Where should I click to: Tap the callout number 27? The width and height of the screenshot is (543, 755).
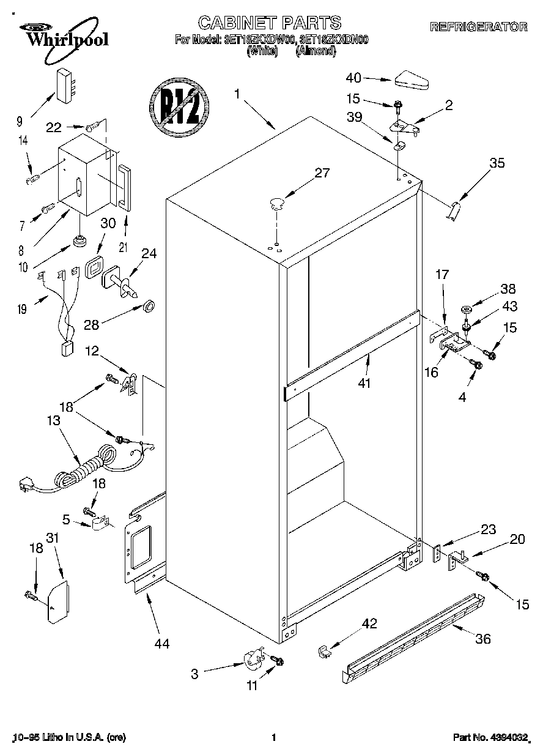tap(321, 173)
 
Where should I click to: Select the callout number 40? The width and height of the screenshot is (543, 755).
tap(354, 78)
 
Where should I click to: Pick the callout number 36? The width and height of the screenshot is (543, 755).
tap(483, 639)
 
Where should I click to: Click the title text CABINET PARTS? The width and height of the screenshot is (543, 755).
tap(269, 23)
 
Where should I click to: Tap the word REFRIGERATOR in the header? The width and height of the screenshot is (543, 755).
tap(478, 27)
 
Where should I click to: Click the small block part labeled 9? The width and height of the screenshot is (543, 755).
tap(65, 85)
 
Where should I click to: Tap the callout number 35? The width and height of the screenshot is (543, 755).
tap(497, 163)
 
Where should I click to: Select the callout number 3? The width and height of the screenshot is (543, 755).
tap(194, 674)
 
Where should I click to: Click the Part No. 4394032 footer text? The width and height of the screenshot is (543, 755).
tap(490, 738)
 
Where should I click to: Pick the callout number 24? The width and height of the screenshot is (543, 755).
tap(150, 253)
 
